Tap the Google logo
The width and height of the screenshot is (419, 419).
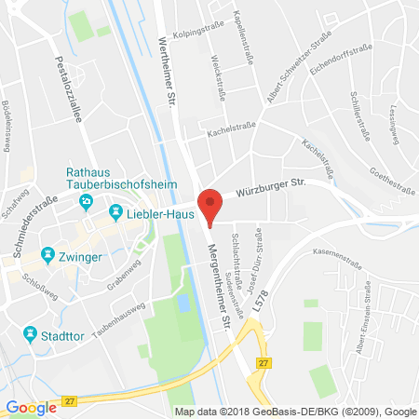(31, 407)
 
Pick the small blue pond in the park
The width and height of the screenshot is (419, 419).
(184, 304)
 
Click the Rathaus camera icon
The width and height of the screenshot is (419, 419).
(87, 200)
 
